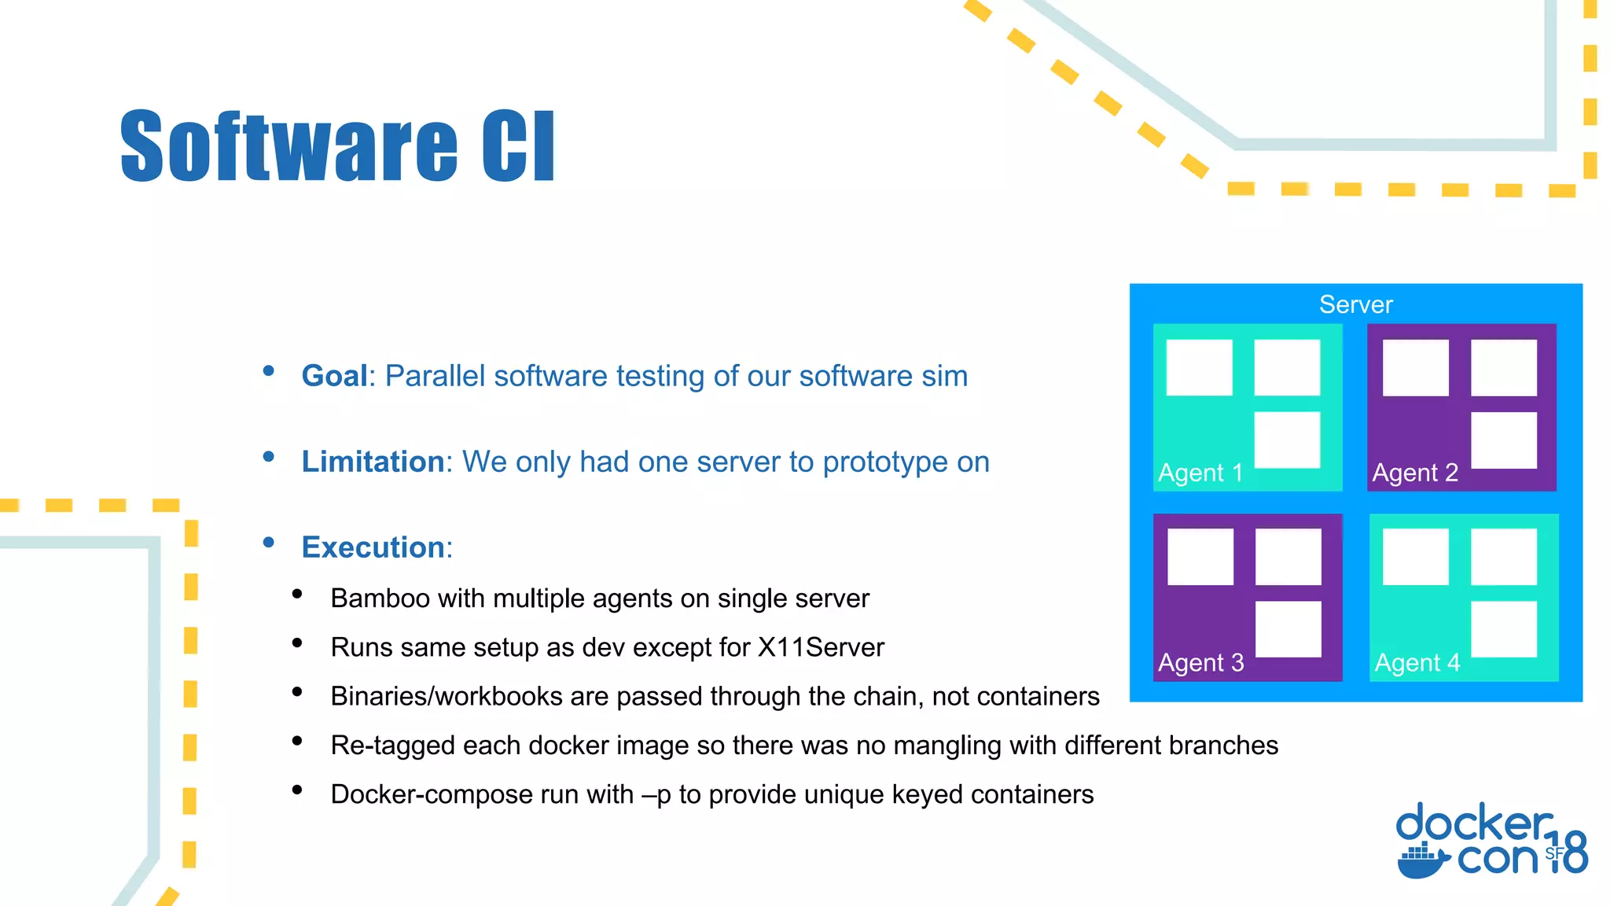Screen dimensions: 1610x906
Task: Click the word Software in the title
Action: [x=289, y=147]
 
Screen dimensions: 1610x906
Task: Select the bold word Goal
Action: [x=335, y=376]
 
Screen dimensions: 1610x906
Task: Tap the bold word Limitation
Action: [x=373, y=462]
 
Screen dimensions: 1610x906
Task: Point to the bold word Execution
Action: [x=373, y=547]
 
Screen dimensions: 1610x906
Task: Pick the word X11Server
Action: [x=821, y=647]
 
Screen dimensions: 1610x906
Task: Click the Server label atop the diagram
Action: [x=1355, y=304]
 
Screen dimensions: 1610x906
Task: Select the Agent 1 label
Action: [x=1200, y=473]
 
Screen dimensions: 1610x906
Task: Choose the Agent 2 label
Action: [x=1415, y=473]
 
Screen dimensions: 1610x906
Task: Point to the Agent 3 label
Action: [x=1200, y=663]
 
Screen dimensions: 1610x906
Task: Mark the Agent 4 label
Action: [x=1417, y=663]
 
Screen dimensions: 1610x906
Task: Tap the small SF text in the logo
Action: [x=1554, y=853]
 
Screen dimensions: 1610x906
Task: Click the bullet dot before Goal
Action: [x=269, y=370]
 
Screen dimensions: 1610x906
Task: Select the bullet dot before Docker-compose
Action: [x=297, y=790]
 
